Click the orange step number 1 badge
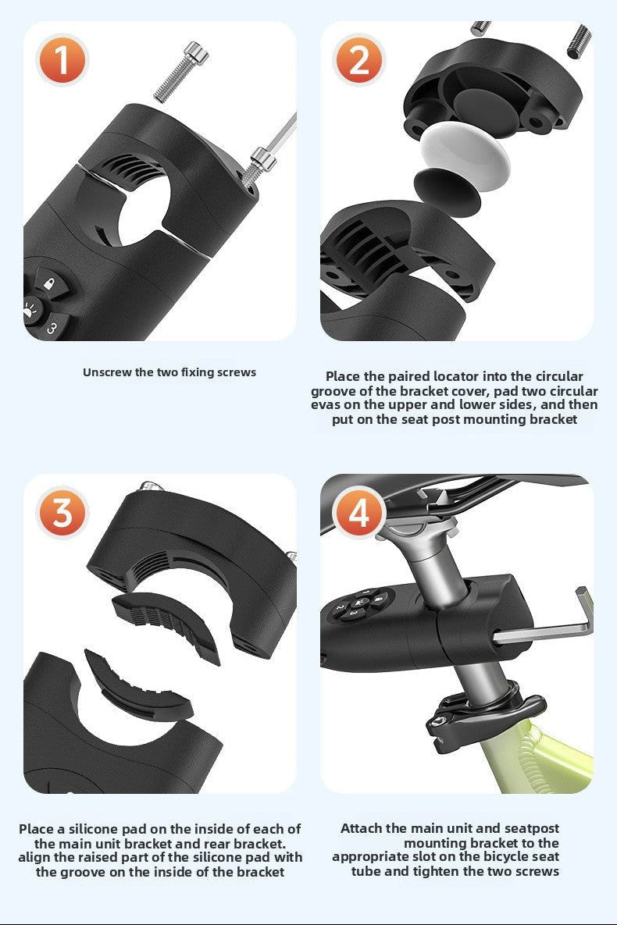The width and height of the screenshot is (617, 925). [x=61, y=59]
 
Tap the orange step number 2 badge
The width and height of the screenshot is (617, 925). [x=358, y=59]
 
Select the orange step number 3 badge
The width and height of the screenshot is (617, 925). [x=61, y=513]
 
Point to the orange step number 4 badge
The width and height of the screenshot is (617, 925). [x=358, y=513]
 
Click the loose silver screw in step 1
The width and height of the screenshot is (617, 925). [x=180, y=73]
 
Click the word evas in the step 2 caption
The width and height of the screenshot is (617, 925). [x=327, y=404]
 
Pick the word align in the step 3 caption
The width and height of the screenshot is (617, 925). [x=35, y=857]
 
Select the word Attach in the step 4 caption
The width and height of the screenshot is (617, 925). [x=361, y=828]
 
